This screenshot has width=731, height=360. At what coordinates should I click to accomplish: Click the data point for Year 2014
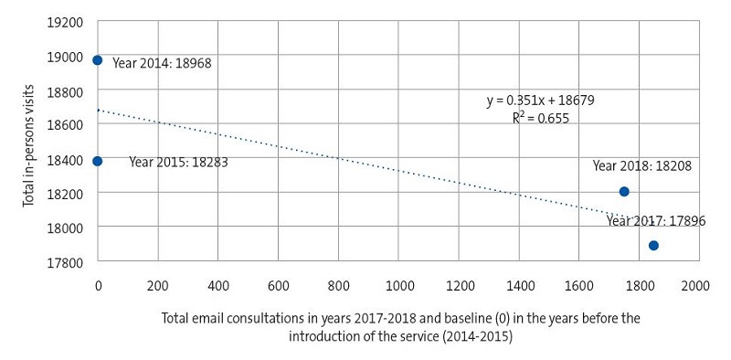pyautogui.click(x=98, y=60)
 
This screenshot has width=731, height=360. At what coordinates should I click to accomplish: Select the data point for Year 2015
pyautogui.click(x=98, y=161)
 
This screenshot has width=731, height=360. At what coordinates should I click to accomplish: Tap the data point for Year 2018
pyautogui.click(x=624, y=192)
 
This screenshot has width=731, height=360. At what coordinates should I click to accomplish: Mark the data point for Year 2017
pyautogui.click(x=653, y=245)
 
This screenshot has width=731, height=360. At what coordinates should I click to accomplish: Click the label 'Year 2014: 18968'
pyautogui.click(x=162, y=65)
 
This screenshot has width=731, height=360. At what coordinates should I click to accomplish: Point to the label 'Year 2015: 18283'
pyautogui.click(x=178, y=163)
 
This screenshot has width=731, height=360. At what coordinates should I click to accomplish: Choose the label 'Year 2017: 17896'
pyautogui.click(x=655, y=221)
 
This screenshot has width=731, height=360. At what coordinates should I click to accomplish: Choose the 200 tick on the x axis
pyautogui.click(x=158, y=286)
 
